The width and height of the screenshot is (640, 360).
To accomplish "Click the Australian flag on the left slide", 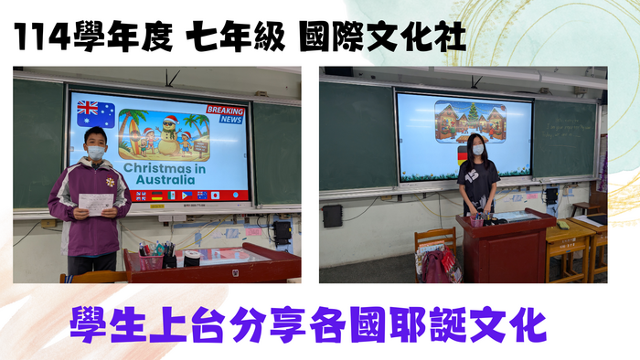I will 96,113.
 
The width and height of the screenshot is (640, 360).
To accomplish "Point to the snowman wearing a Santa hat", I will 166,138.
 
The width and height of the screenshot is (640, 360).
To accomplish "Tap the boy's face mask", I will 96,153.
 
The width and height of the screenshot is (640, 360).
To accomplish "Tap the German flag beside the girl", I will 463,156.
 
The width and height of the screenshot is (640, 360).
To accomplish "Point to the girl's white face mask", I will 477,150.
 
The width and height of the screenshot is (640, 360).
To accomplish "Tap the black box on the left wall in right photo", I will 332,216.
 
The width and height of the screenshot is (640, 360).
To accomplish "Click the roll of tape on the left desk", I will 193,259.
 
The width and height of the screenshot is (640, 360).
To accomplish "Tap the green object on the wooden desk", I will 563,225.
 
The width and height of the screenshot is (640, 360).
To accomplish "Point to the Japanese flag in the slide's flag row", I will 214,195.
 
